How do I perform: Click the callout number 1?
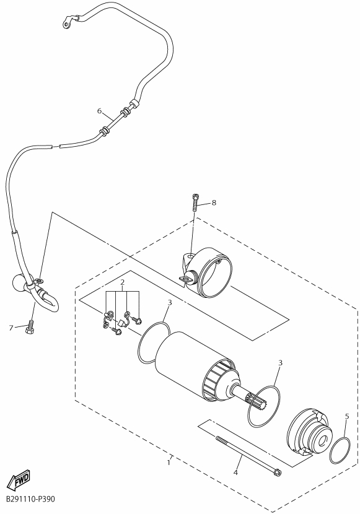tap(169, 463)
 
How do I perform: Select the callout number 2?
tap(122, 282)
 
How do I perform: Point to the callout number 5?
tap(347, 416)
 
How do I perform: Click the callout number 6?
tap(100, 111)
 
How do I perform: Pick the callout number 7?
tap(11, 328)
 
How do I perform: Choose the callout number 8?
tap(214, 203)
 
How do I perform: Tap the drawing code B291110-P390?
tap(30, 499)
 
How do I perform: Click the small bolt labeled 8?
tap(195, 203)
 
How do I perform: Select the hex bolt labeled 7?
tap(30, 327)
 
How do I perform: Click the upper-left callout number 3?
tap(170, 303)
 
